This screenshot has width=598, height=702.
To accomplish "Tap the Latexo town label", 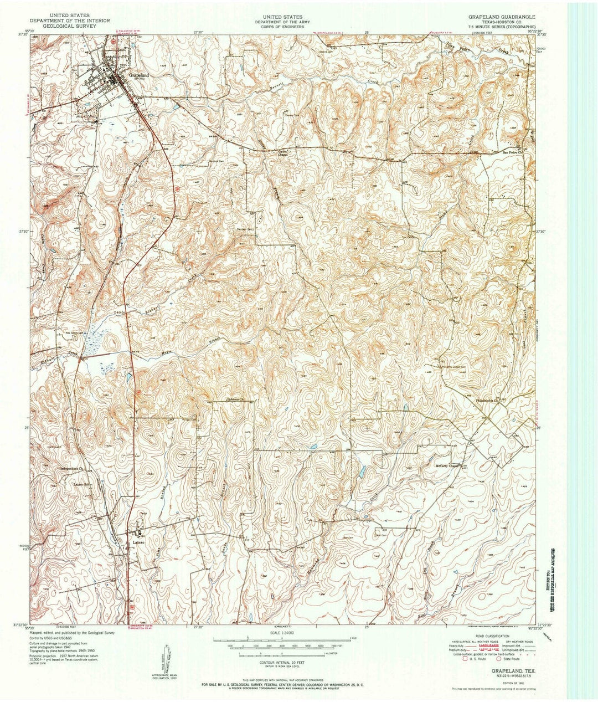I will tap(138, 535).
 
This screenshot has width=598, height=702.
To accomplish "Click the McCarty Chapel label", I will tap(448, 465).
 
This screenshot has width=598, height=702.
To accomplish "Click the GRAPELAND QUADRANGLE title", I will tap(501, 17).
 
